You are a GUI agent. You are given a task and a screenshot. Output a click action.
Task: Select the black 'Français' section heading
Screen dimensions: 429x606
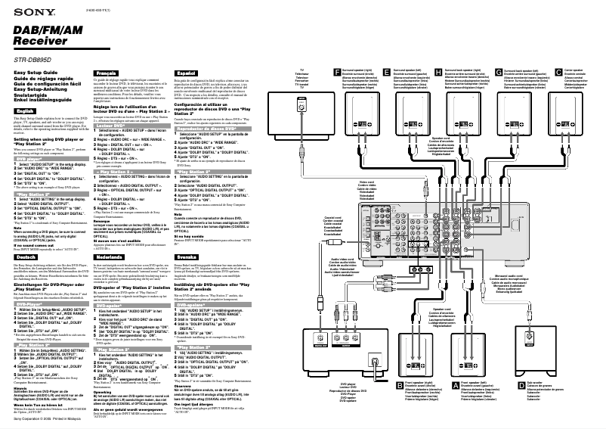point(107,71)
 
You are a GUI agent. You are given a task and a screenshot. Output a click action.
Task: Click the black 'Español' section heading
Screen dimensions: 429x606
point(185,71)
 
